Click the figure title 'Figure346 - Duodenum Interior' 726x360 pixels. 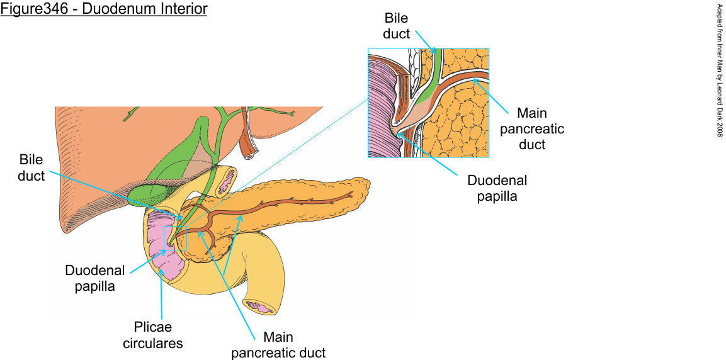pyautogui.click(x=104, y=10)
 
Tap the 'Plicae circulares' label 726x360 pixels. pyautogui.click(x=152, y=335)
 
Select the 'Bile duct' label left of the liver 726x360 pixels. pyautogui.click(x=31, y=168)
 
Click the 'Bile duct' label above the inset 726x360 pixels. pyautogui.click(x=397, y=26)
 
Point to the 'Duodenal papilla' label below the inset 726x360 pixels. pyautogui.click(x=497, y=188)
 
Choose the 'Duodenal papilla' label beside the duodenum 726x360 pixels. pyautogui.click(x=95, y=278)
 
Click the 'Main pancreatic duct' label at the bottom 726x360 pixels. pyautogui.click(x=278, y=345)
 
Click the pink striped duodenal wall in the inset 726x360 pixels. pyautogui.click(x=380, y=107)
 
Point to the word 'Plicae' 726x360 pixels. pyautogui.click(x=152, y=328)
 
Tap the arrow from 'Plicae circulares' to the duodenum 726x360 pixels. pyautogui.click(x=161, y=296)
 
